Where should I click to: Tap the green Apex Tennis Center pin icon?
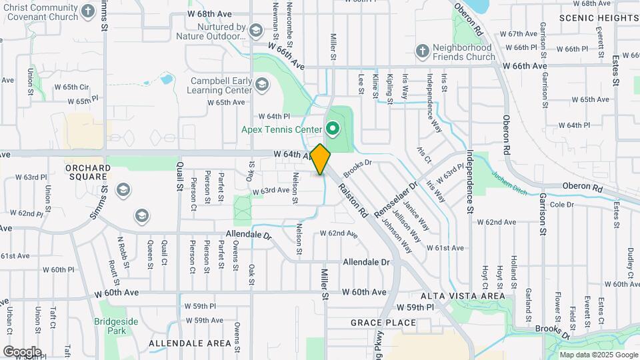[332, 127]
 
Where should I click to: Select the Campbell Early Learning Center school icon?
[262, 84]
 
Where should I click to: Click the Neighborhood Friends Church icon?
[422, 51]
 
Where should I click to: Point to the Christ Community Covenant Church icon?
[88, 11]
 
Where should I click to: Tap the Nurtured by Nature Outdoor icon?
[255, 30]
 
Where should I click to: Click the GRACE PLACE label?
[383, 323]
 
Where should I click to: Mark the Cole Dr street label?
[562, 204]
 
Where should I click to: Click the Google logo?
[22, 351]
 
